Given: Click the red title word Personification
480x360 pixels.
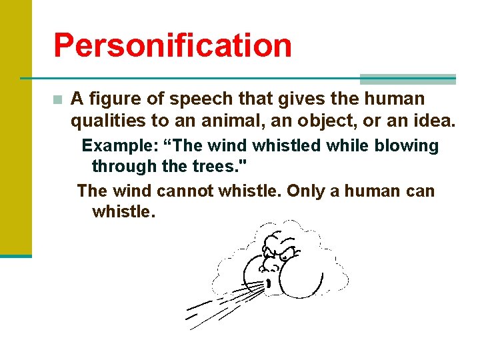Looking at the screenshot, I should [173, 45].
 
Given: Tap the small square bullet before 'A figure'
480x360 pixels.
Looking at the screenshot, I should [58, 100].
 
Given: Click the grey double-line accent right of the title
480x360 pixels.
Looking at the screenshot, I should [407, 79].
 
